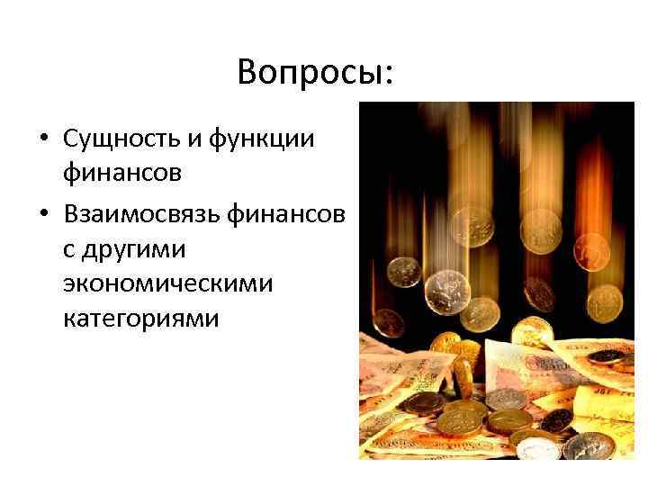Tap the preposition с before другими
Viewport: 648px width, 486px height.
69,245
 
